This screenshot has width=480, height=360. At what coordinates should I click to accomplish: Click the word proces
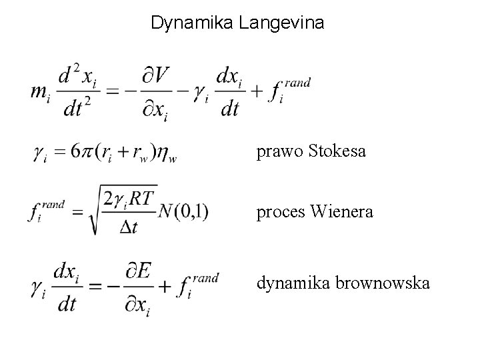tap(281, 213)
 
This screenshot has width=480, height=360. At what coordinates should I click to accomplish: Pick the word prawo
tap(280, 153)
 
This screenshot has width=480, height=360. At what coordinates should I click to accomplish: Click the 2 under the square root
tap(109, 197)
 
